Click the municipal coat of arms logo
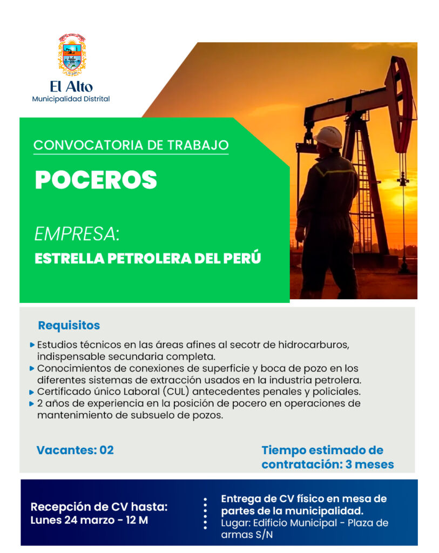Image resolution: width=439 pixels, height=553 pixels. coord(72,55)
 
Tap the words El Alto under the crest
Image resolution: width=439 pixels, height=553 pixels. coord(71,87)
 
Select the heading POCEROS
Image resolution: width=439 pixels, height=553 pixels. coord(96,180)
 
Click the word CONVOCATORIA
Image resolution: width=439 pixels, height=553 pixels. coord(88,145)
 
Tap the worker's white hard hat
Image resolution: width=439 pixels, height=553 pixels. coord(328,137)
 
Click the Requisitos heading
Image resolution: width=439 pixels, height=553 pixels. coord(69,326)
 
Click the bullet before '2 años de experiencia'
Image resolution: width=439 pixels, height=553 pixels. coord(32,404)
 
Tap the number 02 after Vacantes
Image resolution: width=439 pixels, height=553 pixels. coord(106,450)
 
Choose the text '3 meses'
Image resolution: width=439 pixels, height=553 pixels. coord(369,464)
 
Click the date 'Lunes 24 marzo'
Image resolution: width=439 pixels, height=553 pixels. coord(73,520)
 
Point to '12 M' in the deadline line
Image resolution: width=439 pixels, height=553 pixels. coord(137,520)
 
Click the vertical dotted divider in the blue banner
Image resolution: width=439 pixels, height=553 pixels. coord(205,513)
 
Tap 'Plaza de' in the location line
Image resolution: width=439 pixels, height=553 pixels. coord(368,523)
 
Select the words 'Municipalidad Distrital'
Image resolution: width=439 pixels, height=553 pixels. coord(71,99)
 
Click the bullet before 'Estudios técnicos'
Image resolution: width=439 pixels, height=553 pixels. coord(32,345)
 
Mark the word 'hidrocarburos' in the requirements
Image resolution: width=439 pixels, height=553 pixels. coord(314,345)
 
